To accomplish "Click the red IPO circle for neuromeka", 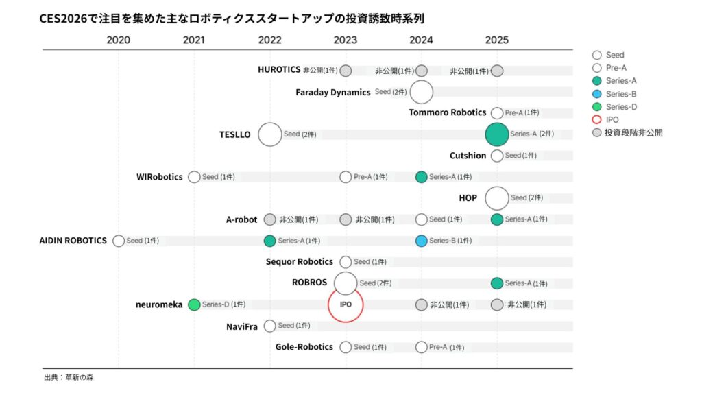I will [346, 304].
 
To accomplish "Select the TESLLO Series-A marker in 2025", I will [497, 134].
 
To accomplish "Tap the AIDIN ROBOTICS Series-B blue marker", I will [422, 241].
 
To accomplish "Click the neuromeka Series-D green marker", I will [194, 304].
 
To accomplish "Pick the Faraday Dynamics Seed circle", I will [422, 92].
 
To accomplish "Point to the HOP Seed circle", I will [497, 198].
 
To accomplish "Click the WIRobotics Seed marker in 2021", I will [194, 177].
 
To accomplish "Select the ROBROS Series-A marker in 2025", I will [497, 283].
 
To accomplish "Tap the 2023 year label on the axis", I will [346, 40].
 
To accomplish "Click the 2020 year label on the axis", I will [118, 40].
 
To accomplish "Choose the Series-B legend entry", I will [616, 94].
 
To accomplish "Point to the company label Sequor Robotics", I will [299, 262].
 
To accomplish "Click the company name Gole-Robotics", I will [304, 347].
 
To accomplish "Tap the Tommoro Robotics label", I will [447, 112].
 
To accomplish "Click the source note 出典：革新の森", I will [69, 378].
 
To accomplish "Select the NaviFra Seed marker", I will [270, 326].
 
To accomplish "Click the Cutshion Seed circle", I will [497, 156].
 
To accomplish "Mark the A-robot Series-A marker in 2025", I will [497, 219].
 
